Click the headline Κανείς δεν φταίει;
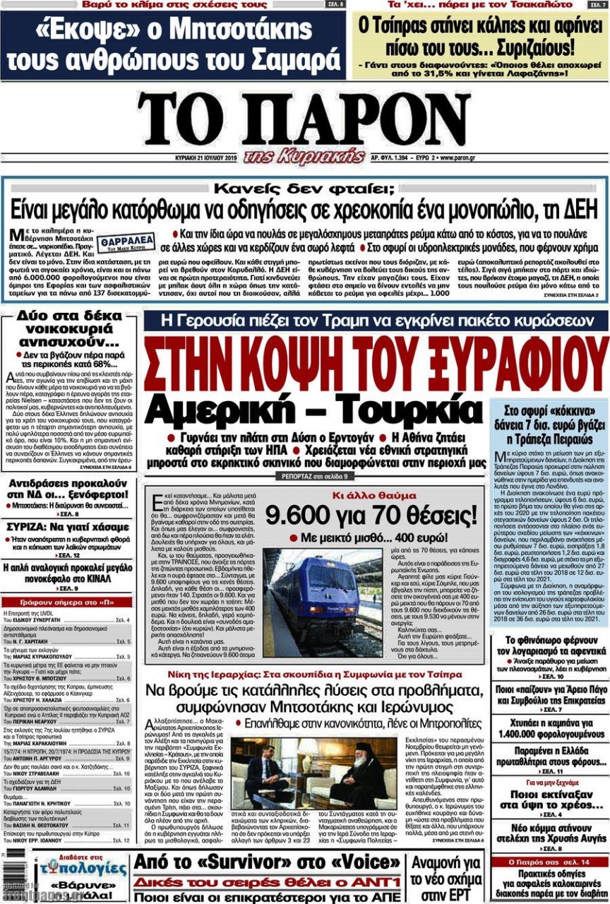pos(305,189)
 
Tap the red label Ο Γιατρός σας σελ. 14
pos(550,863)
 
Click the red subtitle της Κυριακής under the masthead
pos(304,155)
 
